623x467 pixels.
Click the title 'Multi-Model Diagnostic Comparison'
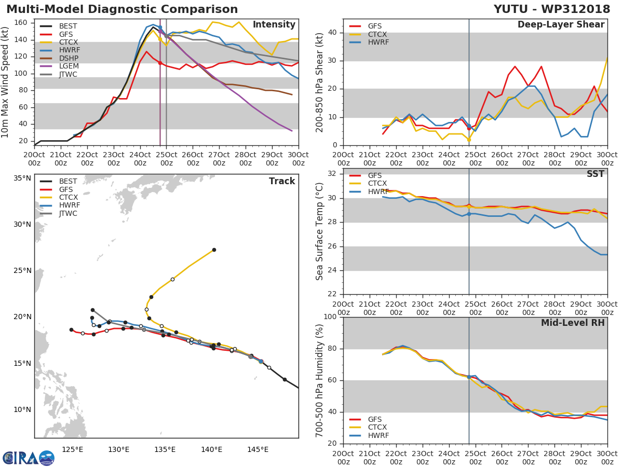pos(122,9)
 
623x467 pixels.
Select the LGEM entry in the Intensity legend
pos(68,66)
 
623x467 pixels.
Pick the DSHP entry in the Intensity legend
pos(68,58)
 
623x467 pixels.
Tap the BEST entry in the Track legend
pos(68,181)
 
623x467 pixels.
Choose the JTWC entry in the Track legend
pos(68,213)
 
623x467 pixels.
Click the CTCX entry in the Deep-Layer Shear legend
pos(377,34)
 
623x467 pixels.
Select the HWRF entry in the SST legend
pos(377,191)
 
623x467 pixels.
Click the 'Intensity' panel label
pos(274,25)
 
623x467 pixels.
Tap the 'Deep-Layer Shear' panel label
pos(561,25)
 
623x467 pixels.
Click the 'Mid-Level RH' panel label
pos(573,323)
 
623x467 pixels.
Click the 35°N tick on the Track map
pos(22,178)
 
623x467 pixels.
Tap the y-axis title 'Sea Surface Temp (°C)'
pos(320,231)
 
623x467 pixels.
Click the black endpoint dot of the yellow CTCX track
pos(214,250)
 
